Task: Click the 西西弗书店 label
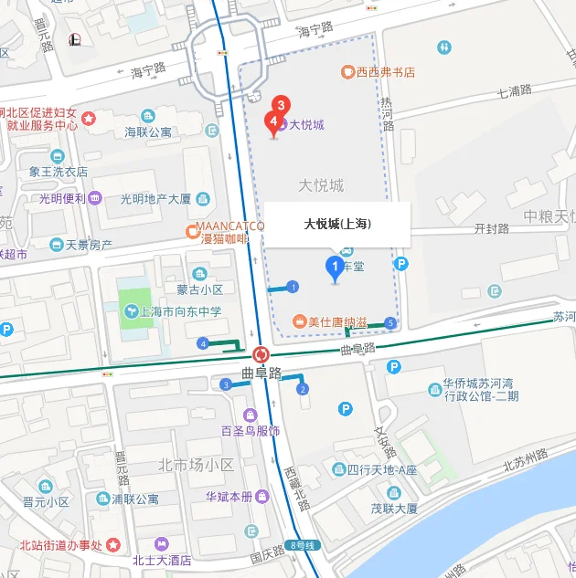[386, 71]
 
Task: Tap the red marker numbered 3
[283, 105]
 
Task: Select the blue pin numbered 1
[336, 267]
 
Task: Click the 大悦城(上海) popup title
[337, 223]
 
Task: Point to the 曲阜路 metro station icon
[261, 354]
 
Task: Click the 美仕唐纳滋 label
[336, 321]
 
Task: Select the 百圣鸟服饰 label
[250, 431]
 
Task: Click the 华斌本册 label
[229, 497]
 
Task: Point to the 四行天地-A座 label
[381, 470]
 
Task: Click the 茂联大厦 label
[394, 509]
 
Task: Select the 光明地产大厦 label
[155, 198]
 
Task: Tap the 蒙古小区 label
[200, 289]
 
